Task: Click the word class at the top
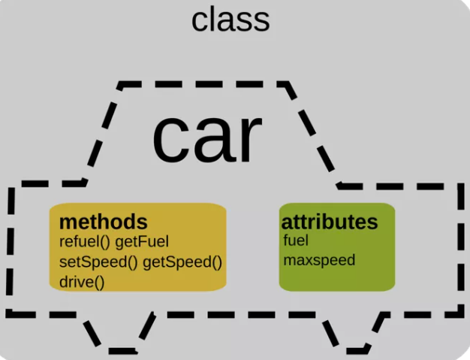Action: (230, 20)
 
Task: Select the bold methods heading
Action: (104, 222)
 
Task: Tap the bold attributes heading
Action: (330, 222)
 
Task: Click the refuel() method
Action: (85, 242)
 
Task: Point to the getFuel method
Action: (142, 243)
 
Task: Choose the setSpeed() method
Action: (98, 262)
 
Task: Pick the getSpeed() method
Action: (182, 262)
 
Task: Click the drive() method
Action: (82, 283)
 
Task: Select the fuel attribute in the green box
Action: (296, 241)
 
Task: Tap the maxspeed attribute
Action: (319, 260)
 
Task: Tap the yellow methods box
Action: (138, 247)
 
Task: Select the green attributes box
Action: (337, 247)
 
